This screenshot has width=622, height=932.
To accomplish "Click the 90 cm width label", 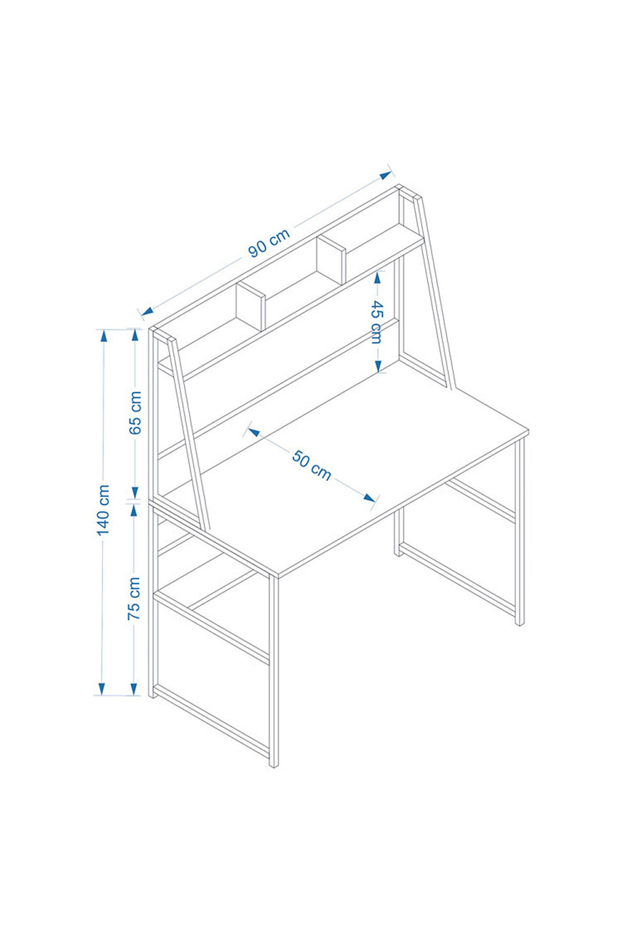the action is coord(269,243).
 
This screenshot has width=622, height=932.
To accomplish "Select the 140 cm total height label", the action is coord(104,510).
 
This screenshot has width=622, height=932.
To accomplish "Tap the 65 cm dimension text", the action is coord(135,413).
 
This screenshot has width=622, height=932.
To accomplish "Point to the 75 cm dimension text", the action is coord(134,599).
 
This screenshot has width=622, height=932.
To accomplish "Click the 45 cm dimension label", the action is coord(376,322).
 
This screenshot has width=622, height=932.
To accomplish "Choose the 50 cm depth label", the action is coord(312,465).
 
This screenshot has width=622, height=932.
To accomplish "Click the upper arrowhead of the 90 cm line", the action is coord(386,175).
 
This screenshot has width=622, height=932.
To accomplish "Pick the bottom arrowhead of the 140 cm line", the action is coord(102,688).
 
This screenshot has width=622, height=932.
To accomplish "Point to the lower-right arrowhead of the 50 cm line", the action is coord(369,498).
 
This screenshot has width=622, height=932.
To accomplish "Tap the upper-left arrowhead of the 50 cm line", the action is coord(254,431).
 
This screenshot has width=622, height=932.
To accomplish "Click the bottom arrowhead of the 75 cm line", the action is coord(134,688).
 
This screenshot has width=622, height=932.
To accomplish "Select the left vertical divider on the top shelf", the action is coord(251,305).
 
